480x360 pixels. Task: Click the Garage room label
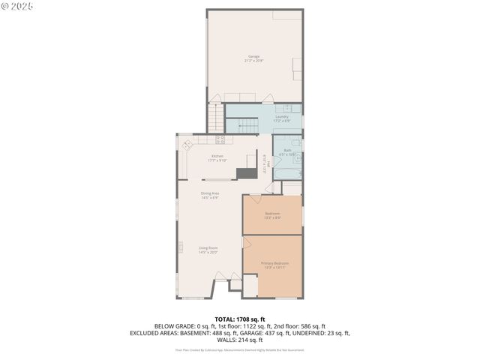[x=254, y=58]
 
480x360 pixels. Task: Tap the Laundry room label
[x=282, y=118]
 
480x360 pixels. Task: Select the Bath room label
[x=286, y=152]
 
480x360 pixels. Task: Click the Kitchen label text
[x=217, y=157]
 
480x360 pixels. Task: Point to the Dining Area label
[x=210, y=196]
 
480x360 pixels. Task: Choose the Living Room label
[x=208, y=250]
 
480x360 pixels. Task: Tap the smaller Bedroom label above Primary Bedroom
[x=273, y=216]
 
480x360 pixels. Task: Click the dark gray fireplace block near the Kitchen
[x=246, y=173]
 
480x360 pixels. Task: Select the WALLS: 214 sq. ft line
[x=240, y=338]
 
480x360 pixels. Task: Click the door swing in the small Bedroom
[x=253, y=200]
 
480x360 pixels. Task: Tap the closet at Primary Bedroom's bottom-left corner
[x=235, y=285]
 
